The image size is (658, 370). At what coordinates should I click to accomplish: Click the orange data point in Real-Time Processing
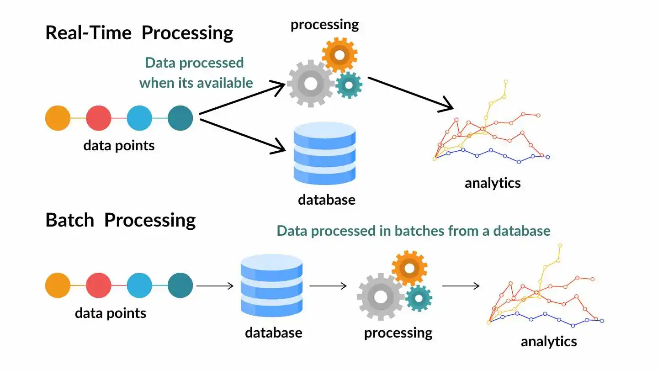pyautogui.click(x=58, y=118)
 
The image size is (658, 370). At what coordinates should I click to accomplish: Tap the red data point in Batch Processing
pyautogui.click(x=99, y=285)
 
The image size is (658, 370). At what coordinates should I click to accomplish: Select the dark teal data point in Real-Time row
pyautogui.click(x=180, y=118)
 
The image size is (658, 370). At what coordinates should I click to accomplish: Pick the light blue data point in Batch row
pyautogui.click(x=139, y=285)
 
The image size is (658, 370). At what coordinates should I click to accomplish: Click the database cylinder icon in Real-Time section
pyautogui.click(x=324, y=153)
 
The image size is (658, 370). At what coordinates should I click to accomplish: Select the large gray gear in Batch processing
pyautogui.click(x=380, y=297)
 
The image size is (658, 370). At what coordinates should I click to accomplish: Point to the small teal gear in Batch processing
pyautogui.click(x=419, y=298)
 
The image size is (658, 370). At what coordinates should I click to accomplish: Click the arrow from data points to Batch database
pyautogui.click(x=215, y=286)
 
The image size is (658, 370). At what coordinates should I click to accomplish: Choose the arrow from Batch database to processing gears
pyautogui.click(x=328, y=286)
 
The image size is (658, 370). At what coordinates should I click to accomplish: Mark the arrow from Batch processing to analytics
pyautogui.click(x=461, y=286)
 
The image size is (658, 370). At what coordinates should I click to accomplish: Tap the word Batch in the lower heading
pyautogui.click(x=69, y=220)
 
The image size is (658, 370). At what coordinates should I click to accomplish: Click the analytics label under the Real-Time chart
pyautogui.click(x=493, y=183)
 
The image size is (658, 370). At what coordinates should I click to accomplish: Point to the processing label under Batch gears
pyautogui.click(x=398, y=333)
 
